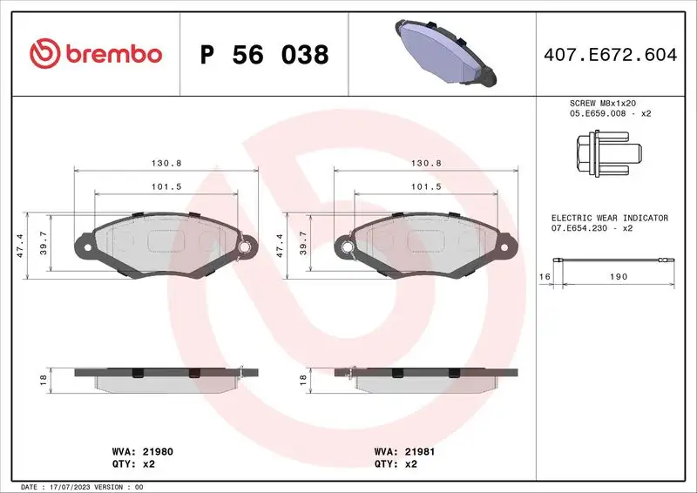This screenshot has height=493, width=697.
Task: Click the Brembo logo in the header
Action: coord(96,54)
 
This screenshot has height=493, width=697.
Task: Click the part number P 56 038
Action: coord(264,55)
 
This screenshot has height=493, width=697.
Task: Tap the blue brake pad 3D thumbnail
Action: coord(444,53)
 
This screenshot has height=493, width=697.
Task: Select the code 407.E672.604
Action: coord(609,55)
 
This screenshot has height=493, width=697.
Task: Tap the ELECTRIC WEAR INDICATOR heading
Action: coord(609,218)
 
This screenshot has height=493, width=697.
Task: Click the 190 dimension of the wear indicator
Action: coord(618,276)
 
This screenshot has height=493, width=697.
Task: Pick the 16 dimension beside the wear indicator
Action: coord(545,276)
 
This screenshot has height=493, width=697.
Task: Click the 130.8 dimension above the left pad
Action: coord(166,163)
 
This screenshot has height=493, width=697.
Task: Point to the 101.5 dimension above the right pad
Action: coord(427,186)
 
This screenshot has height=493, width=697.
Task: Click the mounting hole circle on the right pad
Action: coord(347,247)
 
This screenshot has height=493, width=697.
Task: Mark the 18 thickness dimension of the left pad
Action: coord(43,380)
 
